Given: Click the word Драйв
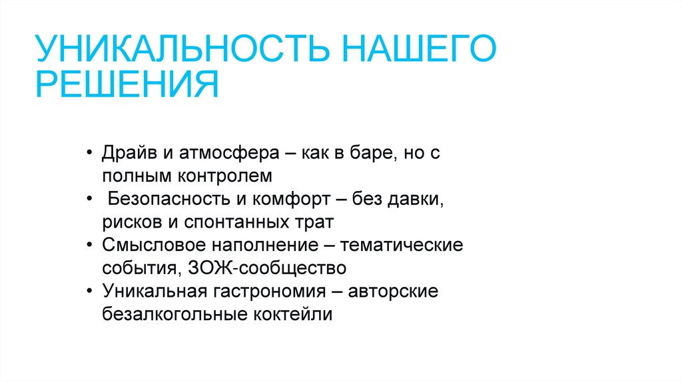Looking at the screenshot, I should pyautogui.click(x=129, y=153).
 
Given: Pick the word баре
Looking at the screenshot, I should pyautogui.click(x=373, y=153).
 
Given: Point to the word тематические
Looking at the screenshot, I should pyautogui.click(x=402, y=245).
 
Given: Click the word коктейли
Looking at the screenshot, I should pyautogui.click(x=292, y=314).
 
